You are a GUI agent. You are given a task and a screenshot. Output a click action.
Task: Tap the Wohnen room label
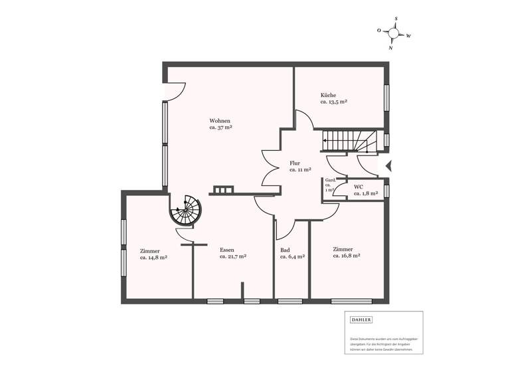220,120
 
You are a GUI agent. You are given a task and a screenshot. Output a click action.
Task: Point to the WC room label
358,187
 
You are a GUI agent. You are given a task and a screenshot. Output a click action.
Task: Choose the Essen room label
226,250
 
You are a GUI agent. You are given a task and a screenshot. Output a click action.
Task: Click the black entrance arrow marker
390,166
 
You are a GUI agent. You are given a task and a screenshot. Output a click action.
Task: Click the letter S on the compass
396,19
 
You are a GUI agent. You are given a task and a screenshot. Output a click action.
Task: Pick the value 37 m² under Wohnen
220,127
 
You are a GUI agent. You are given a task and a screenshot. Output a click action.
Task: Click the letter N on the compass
391,48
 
